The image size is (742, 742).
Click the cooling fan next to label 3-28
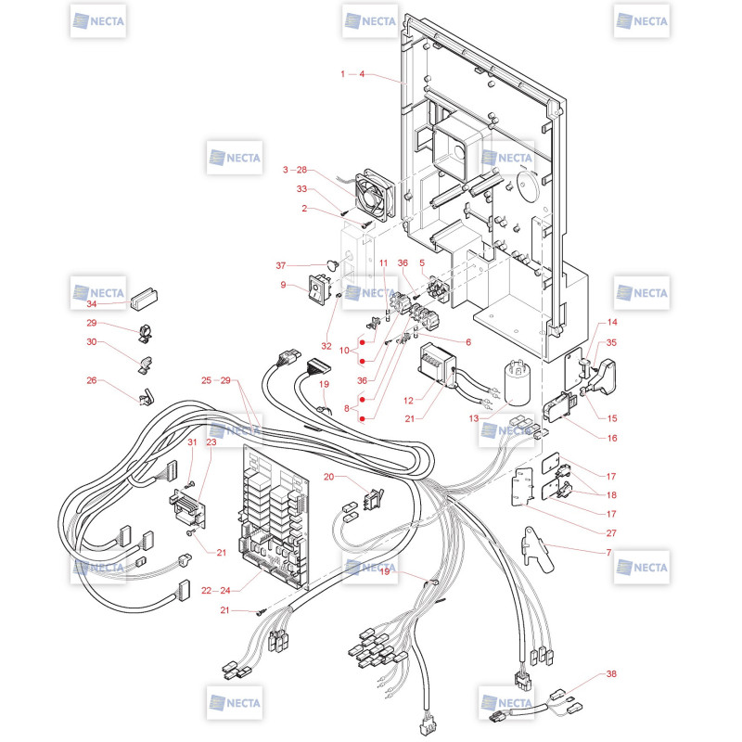375,194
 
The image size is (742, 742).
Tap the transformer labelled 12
437,364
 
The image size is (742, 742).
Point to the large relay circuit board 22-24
275,517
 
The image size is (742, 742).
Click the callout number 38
611,673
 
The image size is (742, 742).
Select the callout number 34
91,304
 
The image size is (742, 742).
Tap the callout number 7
608,552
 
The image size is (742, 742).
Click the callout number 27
611,532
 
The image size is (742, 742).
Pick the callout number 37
281,265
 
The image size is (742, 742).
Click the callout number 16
612,438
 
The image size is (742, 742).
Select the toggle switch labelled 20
373,499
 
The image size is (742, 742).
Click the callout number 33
301,189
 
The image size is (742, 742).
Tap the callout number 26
91,380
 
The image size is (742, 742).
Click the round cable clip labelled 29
146,333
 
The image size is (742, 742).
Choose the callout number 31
192,442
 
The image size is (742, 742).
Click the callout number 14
612,322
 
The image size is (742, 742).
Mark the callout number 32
326,346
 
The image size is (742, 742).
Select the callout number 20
328,477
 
